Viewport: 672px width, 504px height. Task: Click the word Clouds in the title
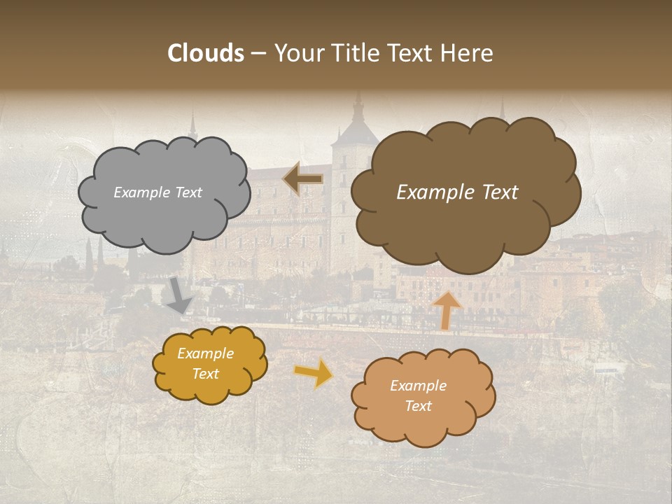[x=206, y=53]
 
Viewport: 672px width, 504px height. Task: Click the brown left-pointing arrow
[x=303, y=179]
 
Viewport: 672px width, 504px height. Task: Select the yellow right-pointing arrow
[x=314, y=372]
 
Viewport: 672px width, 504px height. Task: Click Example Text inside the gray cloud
[x=157, y=192]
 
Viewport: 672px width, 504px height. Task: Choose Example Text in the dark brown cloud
[x=457, y=192]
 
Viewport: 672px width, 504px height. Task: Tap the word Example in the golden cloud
[x=206, y=354]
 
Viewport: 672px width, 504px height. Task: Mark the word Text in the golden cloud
[x=206, y=374]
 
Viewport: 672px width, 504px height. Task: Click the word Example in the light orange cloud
[x=418, y=386]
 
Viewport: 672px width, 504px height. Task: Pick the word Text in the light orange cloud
[x=418, y=406]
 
